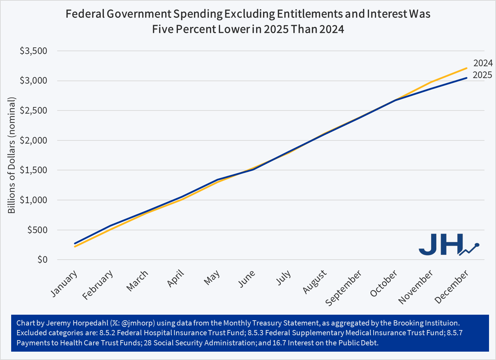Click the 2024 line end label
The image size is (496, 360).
(483, 63)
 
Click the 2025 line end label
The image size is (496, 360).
(482, 75)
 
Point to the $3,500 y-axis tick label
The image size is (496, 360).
(33, 51)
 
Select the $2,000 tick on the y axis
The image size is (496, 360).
(33, 140)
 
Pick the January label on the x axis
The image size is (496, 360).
(64, 284)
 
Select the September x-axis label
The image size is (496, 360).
(344, 288)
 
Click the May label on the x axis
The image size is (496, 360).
(212, 277)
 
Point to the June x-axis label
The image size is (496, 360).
(247, 279)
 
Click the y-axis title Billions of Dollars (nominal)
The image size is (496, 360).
(12, 155)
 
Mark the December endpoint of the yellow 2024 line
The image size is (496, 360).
(467, 68)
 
